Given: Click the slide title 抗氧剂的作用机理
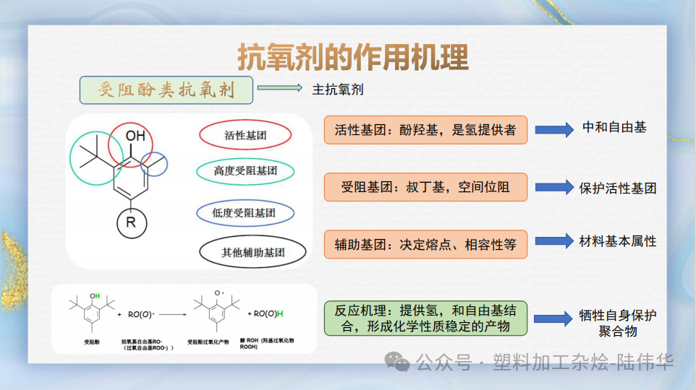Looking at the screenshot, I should tap(353, 57).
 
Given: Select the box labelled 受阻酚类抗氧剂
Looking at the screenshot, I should tap(166, 90).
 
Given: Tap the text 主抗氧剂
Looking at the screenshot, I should tap(338, 90).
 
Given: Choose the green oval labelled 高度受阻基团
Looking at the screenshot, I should tap(245, 171).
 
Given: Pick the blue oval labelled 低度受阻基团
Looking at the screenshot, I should tap(245, 213).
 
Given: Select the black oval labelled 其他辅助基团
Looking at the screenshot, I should tap(252, 253).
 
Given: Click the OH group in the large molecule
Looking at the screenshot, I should tap(135, 136).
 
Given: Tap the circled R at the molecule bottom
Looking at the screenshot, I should tap(131, 222).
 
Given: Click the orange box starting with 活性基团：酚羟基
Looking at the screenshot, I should tap(425, 130).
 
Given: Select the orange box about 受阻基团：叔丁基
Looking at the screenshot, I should tap(425, 188).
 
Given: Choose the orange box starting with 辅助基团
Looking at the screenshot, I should tap(425, 244).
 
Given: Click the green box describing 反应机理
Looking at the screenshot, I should tap(425, 318).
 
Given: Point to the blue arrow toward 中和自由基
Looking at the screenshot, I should tap(553, 130).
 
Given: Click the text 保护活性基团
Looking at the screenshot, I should tap(618, 188).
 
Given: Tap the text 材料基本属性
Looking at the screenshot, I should tap(618, 241).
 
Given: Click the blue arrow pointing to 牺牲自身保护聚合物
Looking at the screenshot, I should tap(553, 318).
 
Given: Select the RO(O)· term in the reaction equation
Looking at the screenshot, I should tap(142, 315).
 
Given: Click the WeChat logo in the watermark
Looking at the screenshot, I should tap(397, 360).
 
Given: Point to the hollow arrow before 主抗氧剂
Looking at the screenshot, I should tap(279, 89).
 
